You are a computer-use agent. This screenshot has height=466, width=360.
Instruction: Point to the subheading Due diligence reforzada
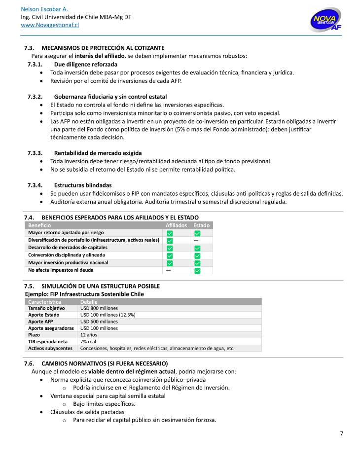pos(85,64)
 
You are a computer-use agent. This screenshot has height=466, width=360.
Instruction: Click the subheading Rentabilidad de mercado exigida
pos(98,153)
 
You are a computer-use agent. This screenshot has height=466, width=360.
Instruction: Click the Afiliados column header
pos(176,225)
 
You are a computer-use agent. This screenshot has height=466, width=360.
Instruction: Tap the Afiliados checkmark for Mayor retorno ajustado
pos(170,233)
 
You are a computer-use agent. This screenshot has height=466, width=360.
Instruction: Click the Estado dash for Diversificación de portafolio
pos(196,240)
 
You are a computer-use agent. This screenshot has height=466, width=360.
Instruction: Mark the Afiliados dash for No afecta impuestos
pos(169,270)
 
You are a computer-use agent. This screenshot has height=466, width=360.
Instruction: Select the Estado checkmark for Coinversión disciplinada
pos(197,255)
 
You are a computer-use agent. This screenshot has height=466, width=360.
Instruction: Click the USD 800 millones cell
pos(99,308)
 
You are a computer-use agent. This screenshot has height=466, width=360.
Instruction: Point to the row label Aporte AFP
pos(41,322)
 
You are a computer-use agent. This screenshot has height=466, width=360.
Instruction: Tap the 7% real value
pos(89,341)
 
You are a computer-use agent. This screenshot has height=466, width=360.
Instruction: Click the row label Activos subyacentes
pos(50,348)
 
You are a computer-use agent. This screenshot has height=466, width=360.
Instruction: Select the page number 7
pos(341,433)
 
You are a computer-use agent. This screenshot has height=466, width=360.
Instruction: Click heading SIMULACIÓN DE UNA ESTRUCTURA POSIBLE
pos(101,286)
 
